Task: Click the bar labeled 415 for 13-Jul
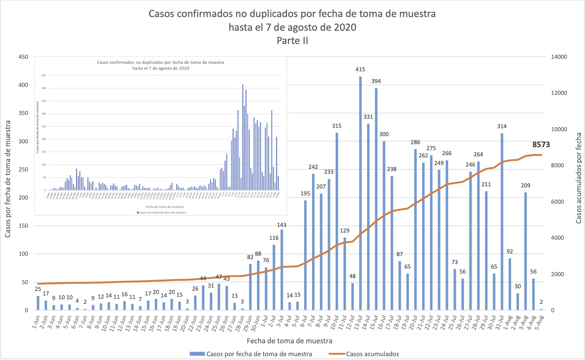coord(360,193)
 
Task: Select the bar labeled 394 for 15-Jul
coord(376,199)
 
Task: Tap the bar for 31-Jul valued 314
coord(502,222)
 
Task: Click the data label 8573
coord(541,145)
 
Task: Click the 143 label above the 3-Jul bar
coord(282,225)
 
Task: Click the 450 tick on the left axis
coord(23,57)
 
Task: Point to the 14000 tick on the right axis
coord(559,57)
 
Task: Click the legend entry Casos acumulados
coord(372,354)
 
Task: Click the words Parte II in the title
coord(292,41)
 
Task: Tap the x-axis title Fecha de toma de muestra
coord(289,341)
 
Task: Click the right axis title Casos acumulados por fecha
coord(579,178)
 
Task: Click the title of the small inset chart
coord(161,65)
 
